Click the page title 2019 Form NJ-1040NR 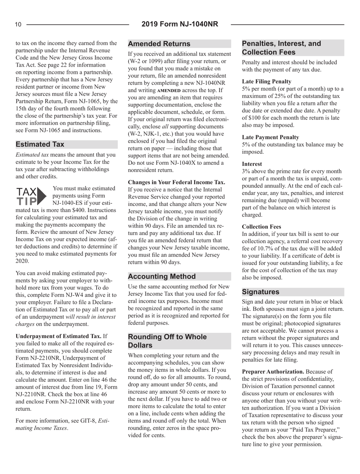point(180,25)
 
